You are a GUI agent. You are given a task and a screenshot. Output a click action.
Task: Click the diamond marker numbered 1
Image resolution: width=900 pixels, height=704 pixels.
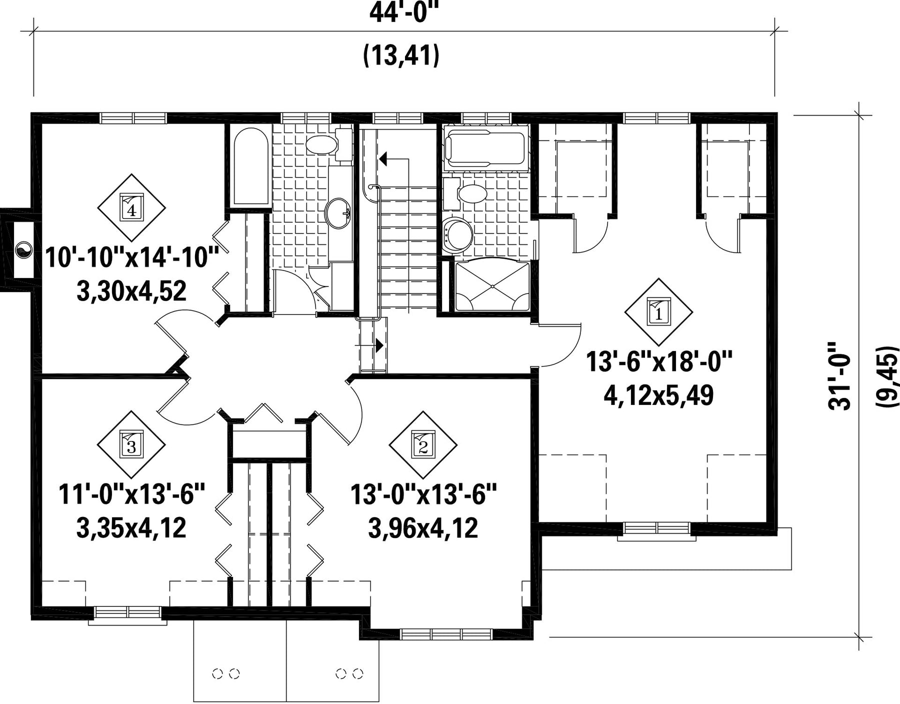(x=658, y=312)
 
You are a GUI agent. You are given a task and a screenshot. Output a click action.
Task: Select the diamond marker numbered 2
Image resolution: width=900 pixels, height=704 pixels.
(x=423, y=445)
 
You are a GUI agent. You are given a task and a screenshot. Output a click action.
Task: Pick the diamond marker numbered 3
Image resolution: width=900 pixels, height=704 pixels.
(x=131, y=445)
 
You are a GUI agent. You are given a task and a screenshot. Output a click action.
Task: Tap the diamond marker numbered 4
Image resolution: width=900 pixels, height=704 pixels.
(x=131, y=208)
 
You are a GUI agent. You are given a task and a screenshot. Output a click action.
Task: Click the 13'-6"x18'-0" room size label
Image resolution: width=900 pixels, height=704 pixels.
(x=659, y=361)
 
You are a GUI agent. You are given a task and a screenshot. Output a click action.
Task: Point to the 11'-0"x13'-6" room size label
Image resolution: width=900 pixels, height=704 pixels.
(x=132, y=494)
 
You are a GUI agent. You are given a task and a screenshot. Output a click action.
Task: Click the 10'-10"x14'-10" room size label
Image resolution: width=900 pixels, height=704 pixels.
(x=132, y=257)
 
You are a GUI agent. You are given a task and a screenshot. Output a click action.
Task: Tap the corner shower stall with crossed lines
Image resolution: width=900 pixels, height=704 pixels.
(x=492, y=286)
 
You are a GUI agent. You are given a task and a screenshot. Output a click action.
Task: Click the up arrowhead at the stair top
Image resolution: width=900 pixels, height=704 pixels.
(x=383, y=159)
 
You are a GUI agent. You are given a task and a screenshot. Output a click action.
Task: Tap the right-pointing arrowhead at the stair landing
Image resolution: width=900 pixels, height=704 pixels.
(x=379, y=345)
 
